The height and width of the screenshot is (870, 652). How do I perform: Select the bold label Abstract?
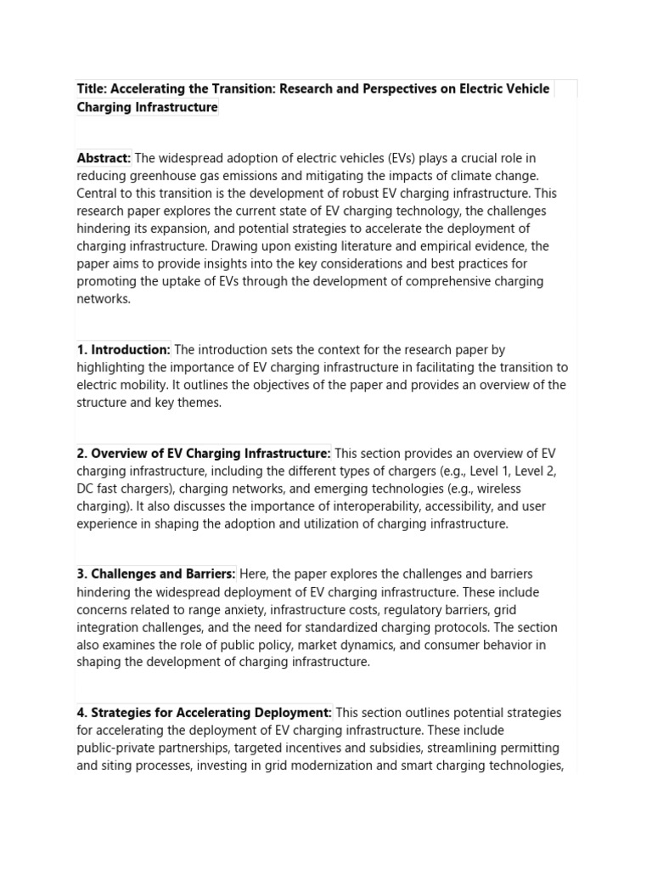pos(104,158)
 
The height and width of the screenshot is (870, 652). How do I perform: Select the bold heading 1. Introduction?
pos(124,349)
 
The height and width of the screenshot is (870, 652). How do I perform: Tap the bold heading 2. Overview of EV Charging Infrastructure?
pos(204,454)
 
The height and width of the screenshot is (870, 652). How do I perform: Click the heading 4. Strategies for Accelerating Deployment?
pos(205,713)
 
